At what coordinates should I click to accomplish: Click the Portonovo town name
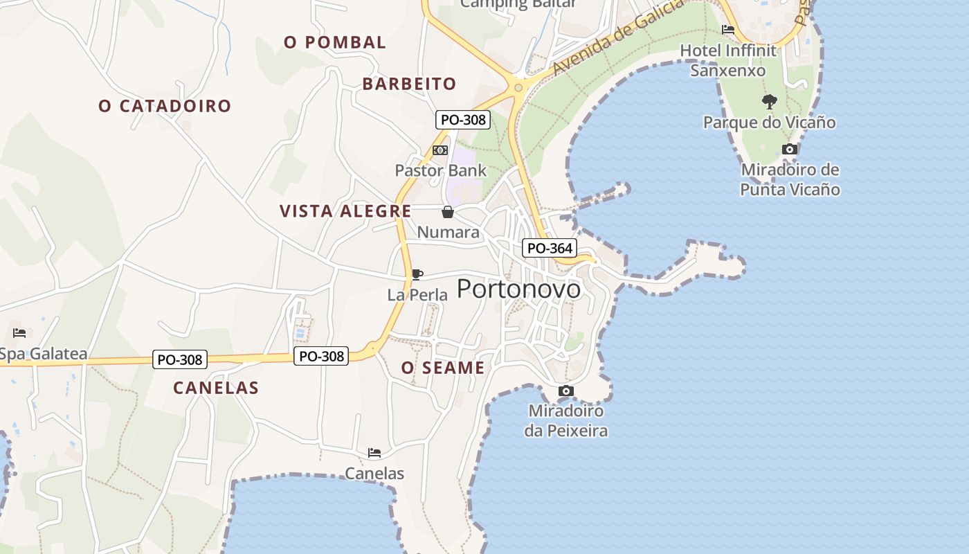518,289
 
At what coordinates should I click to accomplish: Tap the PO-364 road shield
550,248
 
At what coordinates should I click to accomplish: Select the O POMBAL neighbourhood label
335,42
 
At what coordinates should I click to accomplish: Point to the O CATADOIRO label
165,106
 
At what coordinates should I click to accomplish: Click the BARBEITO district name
409,84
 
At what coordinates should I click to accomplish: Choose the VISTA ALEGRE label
345,211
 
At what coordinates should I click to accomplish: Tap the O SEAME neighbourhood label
443,368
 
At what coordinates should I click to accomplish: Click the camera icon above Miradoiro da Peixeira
565,391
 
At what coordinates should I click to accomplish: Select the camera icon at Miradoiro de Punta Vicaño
789,149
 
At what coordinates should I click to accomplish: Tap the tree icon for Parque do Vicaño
769,102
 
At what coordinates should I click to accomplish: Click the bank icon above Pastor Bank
440,150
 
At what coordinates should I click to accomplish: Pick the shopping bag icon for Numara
448,212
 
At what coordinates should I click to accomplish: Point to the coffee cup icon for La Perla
417,274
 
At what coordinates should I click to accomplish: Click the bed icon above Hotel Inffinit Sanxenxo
727,30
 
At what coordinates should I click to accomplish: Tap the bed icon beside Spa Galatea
19,333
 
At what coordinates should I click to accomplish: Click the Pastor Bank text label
440,170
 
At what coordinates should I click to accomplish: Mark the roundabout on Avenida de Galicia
518,87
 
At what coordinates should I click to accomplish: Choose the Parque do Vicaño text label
769,123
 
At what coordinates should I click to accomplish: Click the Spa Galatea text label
43,355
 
